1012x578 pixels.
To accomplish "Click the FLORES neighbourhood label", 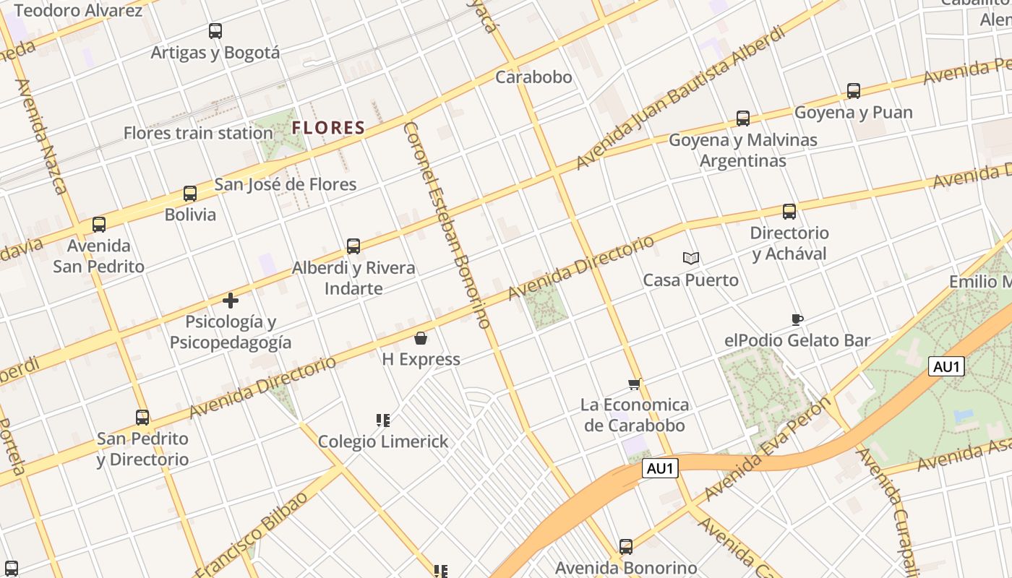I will [328, 129].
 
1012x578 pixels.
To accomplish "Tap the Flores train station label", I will [198, 133].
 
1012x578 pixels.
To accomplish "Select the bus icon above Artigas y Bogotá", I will [215, 31].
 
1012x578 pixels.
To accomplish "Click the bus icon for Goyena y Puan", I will [854, 91].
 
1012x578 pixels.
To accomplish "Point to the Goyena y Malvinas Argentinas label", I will [743, 150].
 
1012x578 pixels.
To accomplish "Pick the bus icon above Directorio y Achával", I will [789, 212].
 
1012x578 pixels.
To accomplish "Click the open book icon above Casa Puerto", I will [691, 258].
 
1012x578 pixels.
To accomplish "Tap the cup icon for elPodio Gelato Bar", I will [797, 319].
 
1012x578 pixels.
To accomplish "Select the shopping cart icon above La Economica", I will [635, 384].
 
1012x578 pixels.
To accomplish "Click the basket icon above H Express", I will [421, 338].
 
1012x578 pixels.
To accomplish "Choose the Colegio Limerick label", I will [383, 441].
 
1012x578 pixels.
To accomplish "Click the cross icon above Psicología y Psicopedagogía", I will [231, 301].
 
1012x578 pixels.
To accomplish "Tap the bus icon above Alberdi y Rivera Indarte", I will [353, 246].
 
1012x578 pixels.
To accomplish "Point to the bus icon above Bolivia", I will [190, 194].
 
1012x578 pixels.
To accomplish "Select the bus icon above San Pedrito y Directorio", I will [142, 418].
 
